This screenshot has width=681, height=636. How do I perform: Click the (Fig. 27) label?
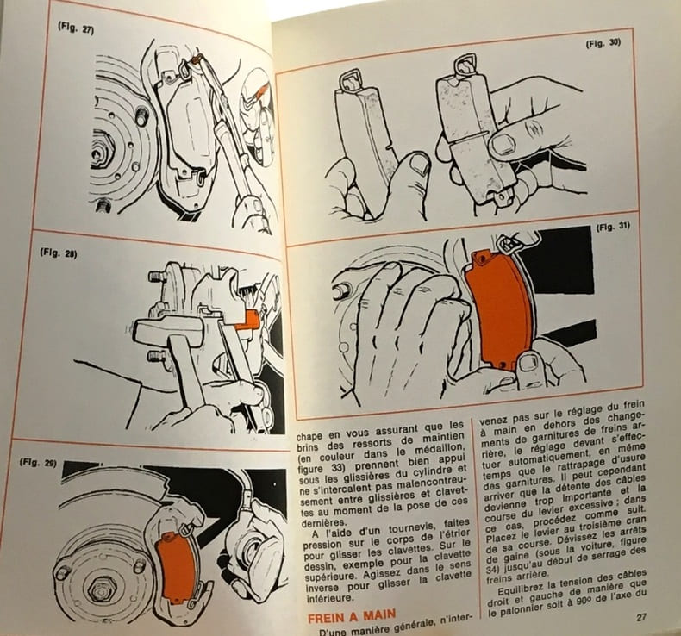pos(76,28)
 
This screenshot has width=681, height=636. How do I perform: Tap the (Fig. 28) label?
pos(59,253)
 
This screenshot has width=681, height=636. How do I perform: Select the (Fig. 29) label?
pos(38,462)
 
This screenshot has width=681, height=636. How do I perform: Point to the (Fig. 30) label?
pos(603,43)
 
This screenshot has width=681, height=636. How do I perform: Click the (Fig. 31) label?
pos(613,227)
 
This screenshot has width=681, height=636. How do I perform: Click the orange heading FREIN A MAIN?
pos(352,615)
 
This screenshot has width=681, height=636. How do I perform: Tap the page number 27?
pos(641,618)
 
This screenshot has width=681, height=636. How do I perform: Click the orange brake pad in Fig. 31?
pos(499,310)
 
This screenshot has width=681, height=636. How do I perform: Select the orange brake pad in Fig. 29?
pos(175,566)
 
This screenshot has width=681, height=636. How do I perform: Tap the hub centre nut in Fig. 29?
pos(100,590)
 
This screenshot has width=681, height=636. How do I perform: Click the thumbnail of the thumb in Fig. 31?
pos(528,363)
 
